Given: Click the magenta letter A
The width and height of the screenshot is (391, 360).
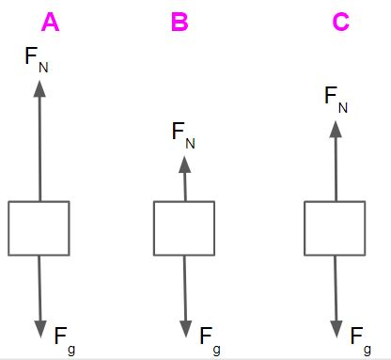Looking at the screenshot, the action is (50, 22).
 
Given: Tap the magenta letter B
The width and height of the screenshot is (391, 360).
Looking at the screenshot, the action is (180, 22).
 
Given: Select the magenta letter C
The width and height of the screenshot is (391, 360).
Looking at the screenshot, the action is (340, 22).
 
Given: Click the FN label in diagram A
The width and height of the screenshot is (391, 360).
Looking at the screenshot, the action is (37, 60).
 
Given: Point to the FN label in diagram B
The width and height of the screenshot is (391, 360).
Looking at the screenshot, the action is (183, 135).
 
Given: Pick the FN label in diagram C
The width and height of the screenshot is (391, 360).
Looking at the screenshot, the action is (336, 100).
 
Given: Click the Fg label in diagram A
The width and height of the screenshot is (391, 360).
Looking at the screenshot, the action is (65, 341).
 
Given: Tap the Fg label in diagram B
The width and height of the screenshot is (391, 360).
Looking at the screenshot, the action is (211, 341).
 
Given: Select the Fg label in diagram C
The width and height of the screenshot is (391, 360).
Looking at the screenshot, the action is (361, 341).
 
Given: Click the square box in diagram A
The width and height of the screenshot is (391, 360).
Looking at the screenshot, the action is (39, 228).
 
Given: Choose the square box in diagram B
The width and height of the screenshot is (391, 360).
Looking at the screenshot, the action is (184, 228).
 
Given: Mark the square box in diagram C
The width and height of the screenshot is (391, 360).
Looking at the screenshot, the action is (335, 228).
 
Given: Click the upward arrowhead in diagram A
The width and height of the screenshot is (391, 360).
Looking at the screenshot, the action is (39, 89).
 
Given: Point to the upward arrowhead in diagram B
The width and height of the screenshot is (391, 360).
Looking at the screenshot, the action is (185, 164).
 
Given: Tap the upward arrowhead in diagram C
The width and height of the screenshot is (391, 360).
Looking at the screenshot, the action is (336, 129).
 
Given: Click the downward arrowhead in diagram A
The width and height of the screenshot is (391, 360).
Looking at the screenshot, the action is (40, 329).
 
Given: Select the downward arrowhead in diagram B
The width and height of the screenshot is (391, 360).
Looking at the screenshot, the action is (186, 329).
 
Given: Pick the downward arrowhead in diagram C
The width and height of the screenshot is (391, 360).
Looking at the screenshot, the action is (336, 329).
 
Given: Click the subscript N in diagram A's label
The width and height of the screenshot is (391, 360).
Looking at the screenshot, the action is (43, 68).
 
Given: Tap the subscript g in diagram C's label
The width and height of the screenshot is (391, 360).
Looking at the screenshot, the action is (368, 350).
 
